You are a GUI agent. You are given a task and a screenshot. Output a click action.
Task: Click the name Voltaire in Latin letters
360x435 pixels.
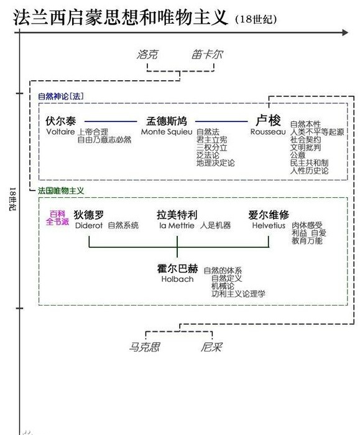coord(60,131)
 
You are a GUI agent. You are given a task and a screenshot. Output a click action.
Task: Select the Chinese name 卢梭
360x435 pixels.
coord(268,120)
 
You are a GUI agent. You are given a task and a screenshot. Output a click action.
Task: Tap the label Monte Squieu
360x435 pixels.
coord(167,132)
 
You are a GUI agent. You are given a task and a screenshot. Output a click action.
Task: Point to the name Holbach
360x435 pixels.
coord(177,279)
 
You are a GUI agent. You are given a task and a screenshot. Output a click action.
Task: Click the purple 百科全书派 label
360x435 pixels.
coord(57,218)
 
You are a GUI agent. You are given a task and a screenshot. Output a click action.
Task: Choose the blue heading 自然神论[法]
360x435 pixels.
coord(61,96)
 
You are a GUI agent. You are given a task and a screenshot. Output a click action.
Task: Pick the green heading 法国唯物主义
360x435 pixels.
coord(61,190)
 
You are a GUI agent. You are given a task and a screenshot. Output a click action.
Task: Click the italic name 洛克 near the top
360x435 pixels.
coord(147,54)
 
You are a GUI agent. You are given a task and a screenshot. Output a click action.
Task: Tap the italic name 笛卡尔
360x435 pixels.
coord(207,54)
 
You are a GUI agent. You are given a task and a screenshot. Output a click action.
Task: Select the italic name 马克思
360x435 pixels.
coord(145,347)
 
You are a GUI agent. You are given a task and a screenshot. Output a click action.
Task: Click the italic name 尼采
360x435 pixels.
coord(212,347)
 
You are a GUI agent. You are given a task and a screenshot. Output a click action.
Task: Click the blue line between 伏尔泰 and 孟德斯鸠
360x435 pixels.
coord(111,121)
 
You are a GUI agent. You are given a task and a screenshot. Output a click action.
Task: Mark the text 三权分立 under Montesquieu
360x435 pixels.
coord(212,147)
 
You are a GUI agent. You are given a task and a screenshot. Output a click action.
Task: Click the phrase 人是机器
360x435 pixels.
coord(215,225)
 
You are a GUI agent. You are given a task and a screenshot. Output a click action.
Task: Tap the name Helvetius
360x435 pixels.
coord(269,225)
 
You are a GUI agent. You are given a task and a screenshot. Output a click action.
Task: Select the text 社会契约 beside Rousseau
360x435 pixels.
coord(305,139)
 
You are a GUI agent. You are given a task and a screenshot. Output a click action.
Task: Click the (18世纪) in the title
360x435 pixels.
coord(256,19)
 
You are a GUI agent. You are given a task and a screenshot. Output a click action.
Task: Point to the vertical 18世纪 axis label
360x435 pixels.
coord(13,199)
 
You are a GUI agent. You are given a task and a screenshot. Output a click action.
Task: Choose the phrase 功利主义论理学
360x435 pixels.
coord(238,294)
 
